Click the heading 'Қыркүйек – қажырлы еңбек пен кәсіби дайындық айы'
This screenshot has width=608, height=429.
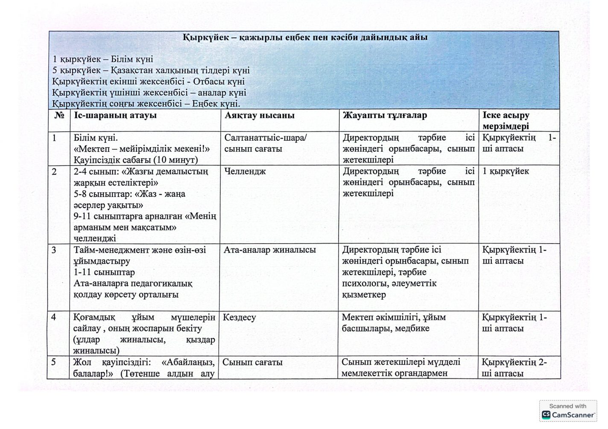[x=304, y=38]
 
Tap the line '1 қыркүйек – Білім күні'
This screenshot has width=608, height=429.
[x=102, y=59]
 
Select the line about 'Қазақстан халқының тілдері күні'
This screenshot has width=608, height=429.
[x=151, y=70]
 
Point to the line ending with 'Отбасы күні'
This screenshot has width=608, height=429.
[x=148, y=81]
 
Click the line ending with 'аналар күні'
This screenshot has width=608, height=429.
[x=149, y=93]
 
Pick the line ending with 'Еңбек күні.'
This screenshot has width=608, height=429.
[x=146, y=104]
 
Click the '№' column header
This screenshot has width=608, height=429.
[x=59, y=116]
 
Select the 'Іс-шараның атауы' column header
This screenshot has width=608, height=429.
[x=115, y=116]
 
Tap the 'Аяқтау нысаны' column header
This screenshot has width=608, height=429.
[x=259, y=116]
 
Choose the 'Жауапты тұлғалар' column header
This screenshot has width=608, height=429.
[x=384, y=116]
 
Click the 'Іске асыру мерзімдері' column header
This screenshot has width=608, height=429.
[x=506, y=121]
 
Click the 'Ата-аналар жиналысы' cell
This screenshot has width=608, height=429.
[x=270, y=250]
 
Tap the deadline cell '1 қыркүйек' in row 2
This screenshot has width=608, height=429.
[x=506, y=171]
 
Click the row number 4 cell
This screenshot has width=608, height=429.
[x=54, y=318]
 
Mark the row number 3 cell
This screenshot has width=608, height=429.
[x=54, y=250]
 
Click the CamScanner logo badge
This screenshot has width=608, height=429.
[x=568, y=411]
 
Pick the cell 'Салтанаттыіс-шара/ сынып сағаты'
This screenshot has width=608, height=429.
[x=266, y=143]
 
